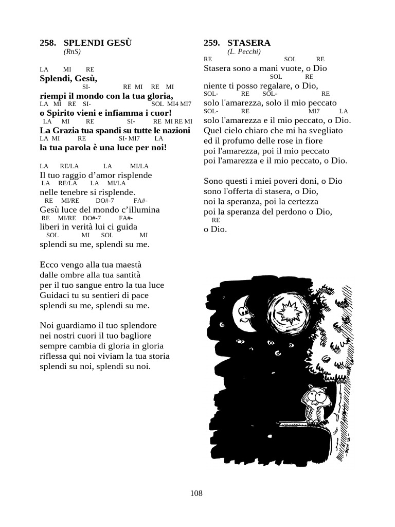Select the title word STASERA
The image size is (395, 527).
pyautogui.click(x=249, y=43)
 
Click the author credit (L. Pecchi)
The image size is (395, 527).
pyautogui.click(x=244, y=51)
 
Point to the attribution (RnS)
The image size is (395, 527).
pyautogui.click(x=73, y=51)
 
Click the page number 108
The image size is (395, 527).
pyautogui.click(x=196, y=493)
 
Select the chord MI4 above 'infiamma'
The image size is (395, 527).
pyautogui.click(x=172, y=104)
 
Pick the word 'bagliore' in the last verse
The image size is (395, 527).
pyautogui.click(x=144, y=336)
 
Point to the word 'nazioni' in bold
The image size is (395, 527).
pyautogui.click(x=177, y=131)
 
